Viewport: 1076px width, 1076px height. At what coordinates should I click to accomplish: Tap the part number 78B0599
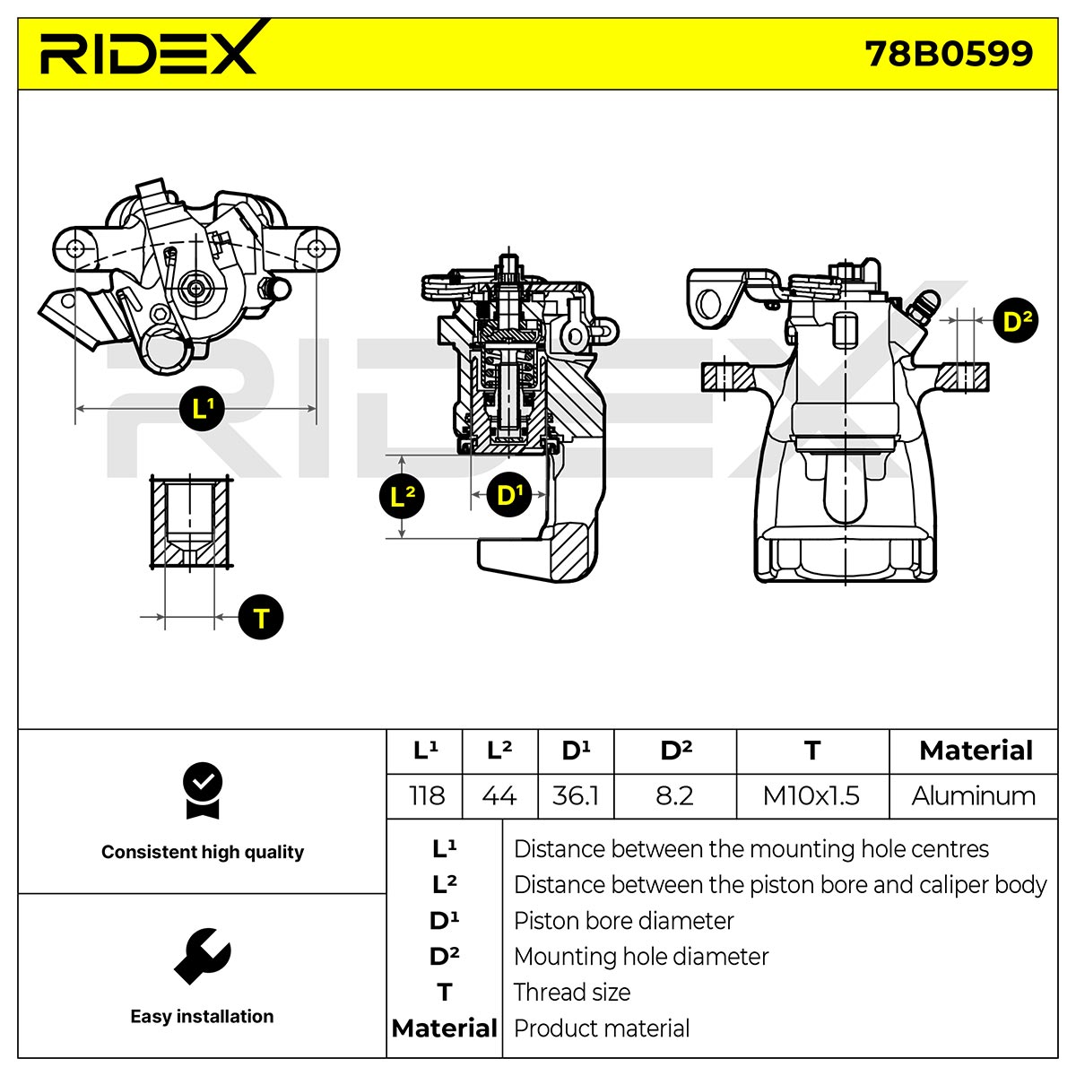pos(949,54)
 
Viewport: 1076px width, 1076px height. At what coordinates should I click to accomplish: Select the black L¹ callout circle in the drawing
pos(202,408)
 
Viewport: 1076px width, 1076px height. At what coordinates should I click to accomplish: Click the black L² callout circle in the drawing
pos(402,497)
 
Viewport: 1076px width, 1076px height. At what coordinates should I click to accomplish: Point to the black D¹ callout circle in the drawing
pos(508,494)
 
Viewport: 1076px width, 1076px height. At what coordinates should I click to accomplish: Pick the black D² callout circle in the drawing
pos(1016,320)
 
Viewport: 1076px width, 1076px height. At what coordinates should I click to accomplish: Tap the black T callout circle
pos(261,617)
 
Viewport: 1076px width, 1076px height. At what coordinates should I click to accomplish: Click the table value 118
pos(427,795)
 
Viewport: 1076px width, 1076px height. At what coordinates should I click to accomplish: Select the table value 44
pos(499,795)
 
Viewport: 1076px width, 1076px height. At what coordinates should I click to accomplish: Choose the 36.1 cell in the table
pos(575,795)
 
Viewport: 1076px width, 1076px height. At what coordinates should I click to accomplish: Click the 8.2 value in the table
pos(674,795)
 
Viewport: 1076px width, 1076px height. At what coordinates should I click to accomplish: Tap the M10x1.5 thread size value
pos(811,795)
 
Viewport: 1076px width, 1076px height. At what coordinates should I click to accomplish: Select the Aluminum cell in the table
pos(973,795)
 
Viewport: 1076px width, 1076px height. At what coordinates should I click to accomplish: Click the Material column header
pos(976,751)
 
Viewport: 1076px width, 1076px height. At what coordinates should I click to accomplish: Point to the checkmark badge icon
pos(202,791)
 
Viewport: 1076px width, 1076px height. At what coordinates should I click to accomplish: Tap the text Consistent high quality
pos(203,852)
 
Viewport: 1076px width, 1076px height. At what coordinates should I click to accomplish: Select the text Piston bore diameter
pos(623,921)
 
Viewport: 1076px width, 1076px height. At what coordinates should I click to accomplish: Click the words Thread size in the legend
pos(572,993)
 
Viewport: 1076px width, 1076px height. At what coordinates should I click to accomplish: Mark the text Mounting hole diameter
pos(641,957)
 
